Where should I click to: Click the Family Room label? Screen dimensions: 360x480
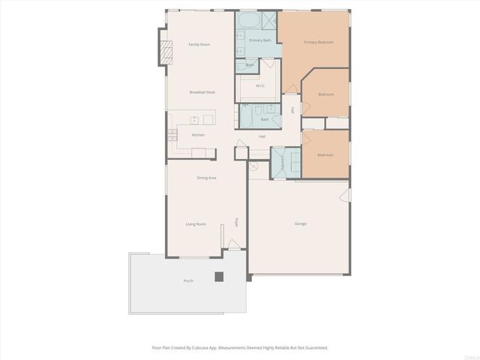coord(199,44)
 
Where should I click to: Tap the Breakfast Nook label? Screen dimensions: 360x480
coord(202,91)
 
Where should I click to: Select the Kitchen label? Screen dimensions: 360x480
coord(198,135)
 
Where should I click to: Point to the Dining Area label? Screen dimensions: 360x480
coord(207,178)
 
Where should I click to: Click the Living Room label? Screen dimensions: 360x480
coord(196,223)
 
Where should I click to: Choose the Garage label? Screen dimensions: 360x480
coord(300,223)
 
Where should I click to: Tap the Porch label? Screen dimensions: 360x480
coord(188,280)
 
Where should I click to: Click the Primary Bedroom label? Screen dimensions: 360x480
coord(317,43)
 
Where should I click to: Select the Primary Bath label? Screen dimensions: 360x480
coord(260,40)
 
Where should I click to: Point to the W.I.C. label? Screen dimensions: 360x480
coord(260,86)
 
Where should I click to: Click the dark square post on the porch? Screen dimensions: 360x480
coord(219,276)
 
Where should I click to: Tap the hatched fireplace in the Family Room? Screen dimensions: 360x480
coord(160,50)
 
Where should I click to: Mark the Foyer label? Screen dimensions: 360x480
coord(237,223)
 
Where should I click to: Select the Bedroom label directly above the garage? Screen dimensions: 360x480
coord(325,154)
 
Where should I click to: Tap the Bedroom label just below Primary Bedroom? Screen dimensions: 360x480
coord(325,94)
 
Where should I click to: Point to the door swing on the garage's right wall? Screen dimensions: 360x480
coord(345,196)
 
